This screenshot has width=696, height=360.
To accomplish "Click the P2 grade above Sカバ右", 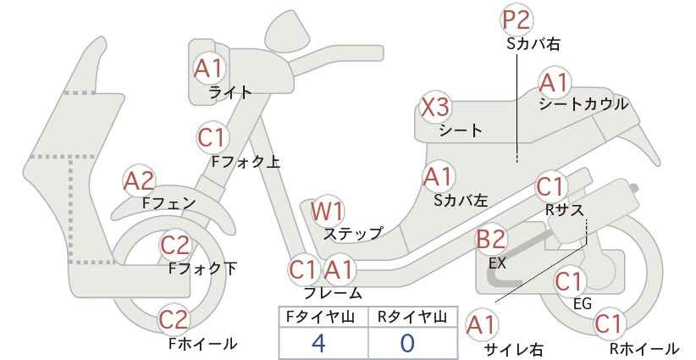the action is tap(516, 20).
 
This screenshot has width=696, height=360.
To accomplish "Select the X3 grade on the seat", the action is tap(435, 108).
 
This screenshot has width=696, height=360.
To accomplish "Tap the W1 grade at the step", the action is tap(327, 212).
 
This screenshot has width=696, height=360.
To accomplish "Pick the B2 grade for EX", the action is tap(491, 240).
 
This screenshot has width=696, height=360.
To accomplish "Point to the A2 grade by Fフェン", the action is tap(139, 181).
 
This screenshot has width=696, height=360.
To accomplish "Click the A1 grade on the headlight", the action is tap(208, 69).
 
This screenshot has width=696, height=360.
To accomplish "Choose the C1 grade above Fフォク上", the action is tap(213, 137).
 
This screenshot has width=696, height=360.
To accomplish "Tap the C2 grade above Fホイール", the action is tap(174, 319).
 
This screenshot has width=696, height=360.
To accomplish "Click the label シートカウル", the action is tap(583, 104).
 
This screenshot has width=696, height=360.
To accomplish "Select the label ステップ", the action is tap(353, 234).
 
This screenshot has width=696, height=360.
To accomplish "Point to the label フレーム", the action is tap(333, 293).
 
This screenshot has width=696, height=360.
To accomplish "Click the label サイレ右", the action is tap(514, 350).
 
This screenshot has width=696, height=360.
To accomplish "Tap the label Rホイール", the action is tap(644, 349).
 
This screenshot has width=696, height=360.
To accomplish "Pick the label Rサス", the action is tap(564, 210).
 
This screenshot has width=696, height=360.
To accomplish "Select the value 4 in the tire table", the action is tap(318, 343).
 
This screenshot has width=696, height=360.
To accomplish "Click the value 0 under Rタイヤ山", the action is tap(407, 343).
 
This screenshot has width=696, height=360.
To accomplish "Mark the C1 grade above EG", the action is tap(569, 281).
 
